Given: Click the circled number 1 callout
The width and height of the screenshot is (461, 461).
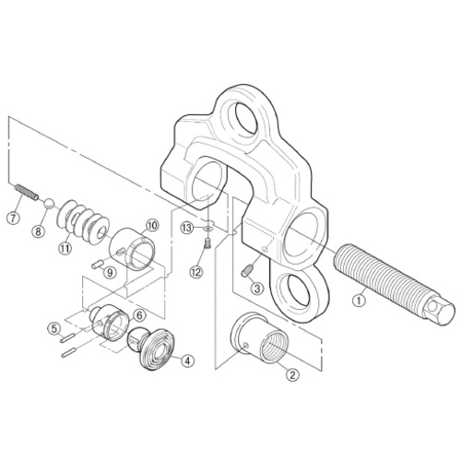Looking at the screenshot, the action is click(x=359, y=301).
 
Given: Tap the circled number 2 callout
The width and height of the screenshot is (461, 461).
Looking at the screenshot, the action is click(x=292, y=374).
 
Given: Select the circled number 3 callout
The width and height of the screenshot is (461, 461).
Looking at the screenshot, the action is click(x=257, y=289).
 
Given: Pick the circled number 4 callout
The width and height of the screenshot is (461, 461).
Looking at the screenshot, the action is click(x=188, y=361).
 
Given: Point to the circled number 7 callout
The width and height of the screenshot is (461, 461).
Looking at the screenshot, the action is click(x=13, y=219).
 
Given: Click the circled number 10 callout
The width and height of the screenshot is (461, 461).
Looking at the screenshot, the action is click(x=152, y=226).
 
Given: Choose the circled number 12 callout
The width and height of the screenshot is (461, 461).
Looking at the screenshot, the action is click(x=196, y=271).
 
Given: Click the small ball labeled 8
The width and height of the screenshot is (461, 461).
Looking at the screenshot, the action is click(x=50, y=204).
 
